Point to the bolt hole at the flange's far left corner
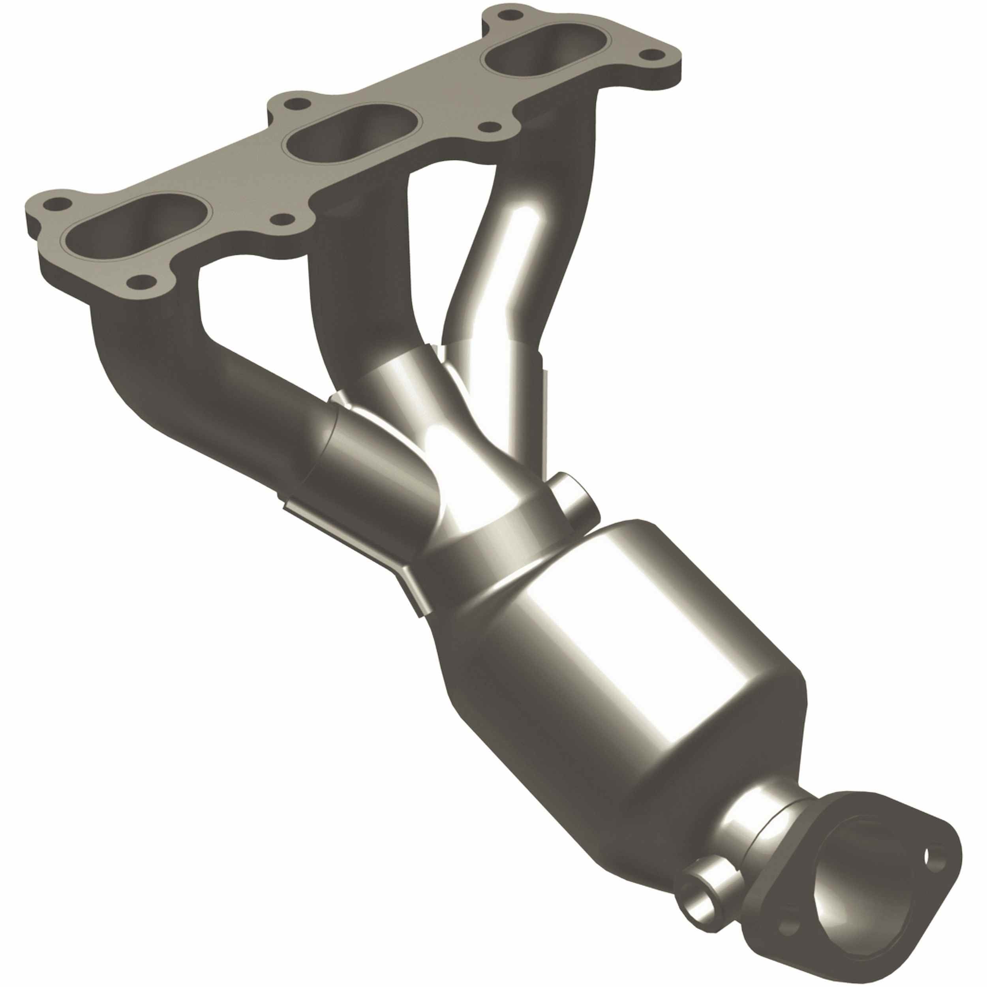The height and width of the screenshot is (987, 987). click(x=54, y=203)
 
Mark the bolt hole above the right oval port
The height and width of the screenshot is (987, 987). click(x=506, y=15)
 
